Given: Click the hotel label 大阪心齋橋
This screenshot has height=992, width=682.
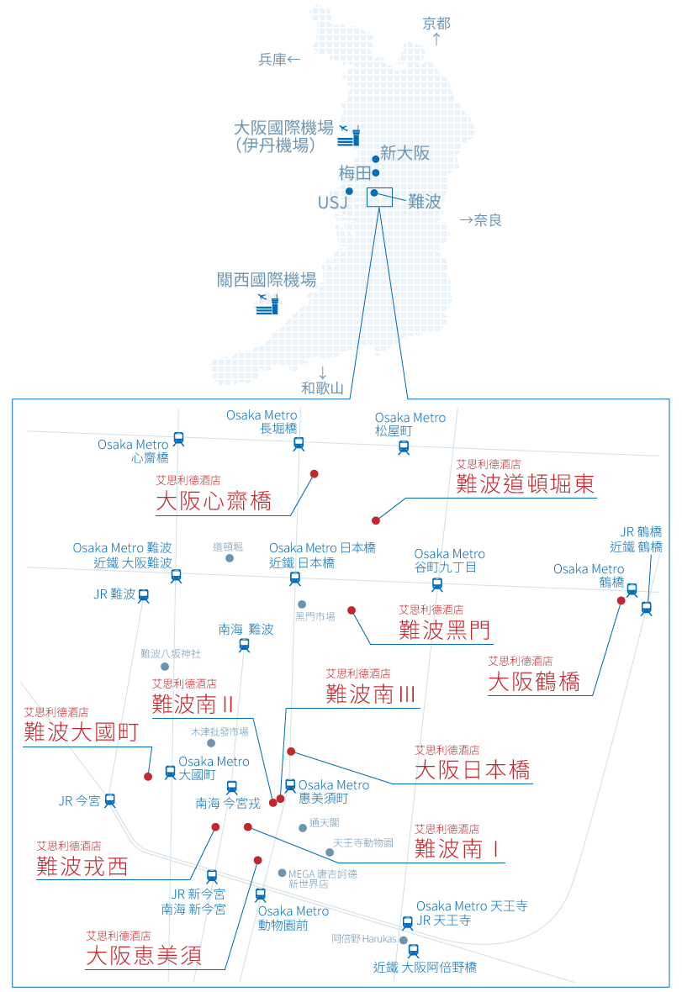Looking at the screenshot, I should pos(214,502).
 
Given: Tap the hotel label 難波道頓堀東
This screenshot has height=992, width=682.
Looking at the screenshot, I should pos(526,484).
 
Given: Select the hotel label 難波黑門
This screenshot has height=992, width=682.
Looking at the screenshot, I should pos(444,630).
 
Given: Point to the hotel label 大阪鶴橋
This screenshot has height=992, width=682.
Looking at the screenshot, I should pos(534,681).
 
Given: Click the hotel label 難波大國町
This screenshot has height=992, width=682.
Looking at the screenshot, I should pos(81,732).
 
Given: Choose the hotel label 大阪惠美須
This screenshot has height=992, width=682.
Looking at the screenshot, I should pos(144,956).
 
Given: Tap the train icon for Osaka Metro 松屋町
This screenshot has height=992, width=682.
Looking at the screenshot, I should pos(404,447).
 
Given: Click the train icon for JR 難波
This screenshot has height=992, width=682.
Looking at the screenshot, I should pos(144,595).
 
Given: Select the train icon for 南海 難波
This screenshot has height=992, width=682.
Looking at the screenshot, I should pos(244,645).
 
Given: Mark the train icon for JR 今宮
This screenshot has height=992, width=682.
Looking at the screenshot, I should pos(109,800).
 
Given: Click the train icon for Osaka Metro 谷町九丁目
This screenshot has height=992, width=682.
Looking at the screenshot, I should pos(436,584).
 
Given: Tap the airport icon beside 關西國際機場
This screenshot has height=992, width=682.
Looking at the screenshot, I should pos(267,304).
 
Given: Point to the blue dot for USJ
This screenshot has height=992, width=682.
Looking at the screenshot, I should pos(349,191).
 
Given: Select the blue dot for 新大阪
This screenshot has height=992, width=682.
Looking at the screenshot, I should pos(375,158).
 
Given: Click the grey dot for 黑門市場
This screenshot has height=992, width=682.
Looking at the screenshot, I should pos(302,604).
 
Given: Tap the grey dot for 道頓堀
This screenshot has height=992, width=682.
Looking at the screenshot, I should pos(229,557).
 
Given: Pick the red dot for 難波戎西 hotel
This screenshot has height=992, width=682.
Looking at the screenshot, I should pos(215,827).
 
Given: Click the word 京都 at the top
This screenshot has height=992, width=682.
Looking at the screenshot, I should pos(436,24).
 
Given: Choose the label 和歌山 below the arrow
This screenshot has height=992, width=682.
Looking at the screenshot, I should pos(323,388).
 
